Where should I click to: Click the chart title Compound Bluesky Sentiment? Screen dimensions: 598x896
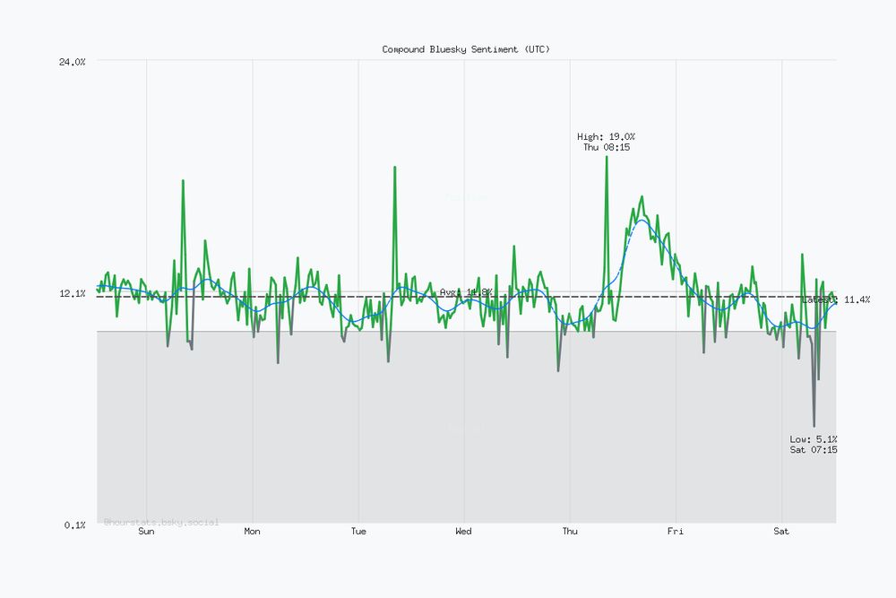click(x=466, y=49)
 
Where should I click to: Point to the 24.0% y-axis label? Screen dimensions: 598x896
click(x=73, y=61)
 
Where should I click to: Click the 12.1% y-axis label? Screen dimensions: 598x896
click(x=73, y=293)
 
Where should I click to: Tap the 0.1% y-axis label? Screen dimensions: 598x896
click(x=75, y=524)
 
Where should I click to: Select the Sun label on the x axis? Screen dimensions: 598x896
click(x=147, y=532)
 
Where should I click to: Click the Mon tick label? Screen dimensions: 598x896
click(x=253, y=532)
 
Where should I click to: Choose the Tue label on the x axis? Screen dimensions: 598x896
click(x=358, y=532)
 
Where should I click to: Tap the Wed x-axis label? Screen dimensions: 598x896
click(x=464, y=532)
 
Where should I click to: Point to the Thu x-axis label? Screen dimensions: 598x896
click(x=570, y=532)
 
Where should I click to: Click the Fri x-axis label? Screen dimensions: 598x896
click(x=676, y=532)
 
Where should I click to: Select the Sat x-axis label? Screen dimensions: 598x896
click(x=781, y=532)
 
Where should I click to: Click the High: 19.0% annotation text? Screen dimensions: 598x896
click(x=607, y=137)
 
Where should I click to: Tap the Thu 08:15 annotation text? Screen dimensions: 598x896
click(x=607, y=147)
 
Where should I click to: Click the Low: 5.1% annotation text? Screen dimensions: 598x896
click(x=814, y=439)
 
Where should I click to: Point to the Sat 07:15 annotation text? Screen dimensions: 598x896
click(x=814, y=450)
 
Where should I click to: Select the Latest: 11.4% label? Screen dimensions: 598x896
click(x=835, y=299)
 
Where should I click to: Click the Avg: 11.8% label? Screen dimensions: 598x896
click(x=466, y=292)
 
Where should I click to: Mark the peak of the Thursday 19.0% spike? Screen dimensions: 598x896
click(x=607, y=157)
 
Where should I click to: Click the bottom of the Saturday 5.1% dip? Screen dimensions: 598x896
click(x=814, y=426)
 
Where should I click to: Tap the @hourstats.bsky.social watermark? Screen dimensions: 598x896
click(x=161, y=522)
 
